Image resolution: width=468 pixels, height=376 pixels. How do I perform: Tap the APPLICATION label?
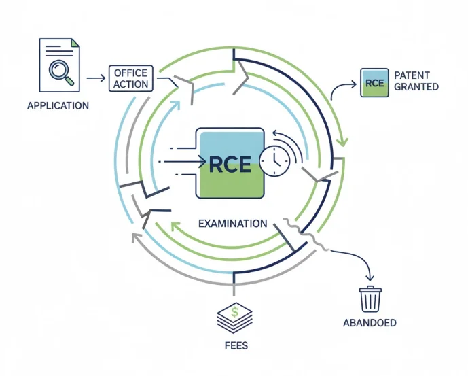coord(58,106)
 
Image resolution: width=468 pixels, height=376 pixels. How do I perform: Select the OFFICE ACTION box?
coord(130,78)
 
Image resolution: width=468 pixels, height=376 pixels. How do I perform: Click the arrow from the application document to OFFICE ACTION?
coord(96,78)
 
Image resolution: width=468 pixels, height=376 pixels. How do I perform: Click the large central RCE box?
coord(230,163)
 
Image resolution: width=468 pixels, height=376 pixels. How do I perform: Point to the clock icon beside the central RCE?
coord(274,161)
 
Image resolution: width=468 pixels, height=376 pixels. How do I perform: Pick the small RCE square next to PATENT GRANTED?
coord(374,82)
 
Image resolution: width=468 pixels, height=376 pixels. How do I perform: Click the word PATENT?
coord(412,75)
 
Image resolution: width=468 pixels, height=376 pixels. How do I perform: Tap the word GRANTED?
coord(416,86)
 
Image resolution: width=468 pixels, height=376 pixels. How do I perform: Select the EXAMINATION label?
coord(232,224)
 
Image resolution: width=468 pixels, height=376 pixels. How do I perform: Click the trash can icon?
coord(370,299)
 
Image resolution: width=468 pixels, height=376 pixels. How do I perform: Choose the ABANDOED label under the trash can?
coord(370,323)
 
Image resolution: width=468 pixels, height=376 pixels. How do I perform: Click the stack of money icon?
coord(234,318)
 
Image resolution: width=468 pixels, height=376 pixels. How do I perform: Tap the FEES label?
coord(236,345)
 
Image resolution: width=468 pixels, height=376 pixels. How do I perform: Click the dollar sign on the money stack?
coord(235,311)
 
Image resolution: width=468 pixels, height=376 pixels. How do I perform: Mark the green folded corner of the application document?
coord(75,43)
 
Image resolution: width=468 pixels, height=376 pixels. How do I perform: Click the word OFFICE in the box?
coord(130,73)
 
